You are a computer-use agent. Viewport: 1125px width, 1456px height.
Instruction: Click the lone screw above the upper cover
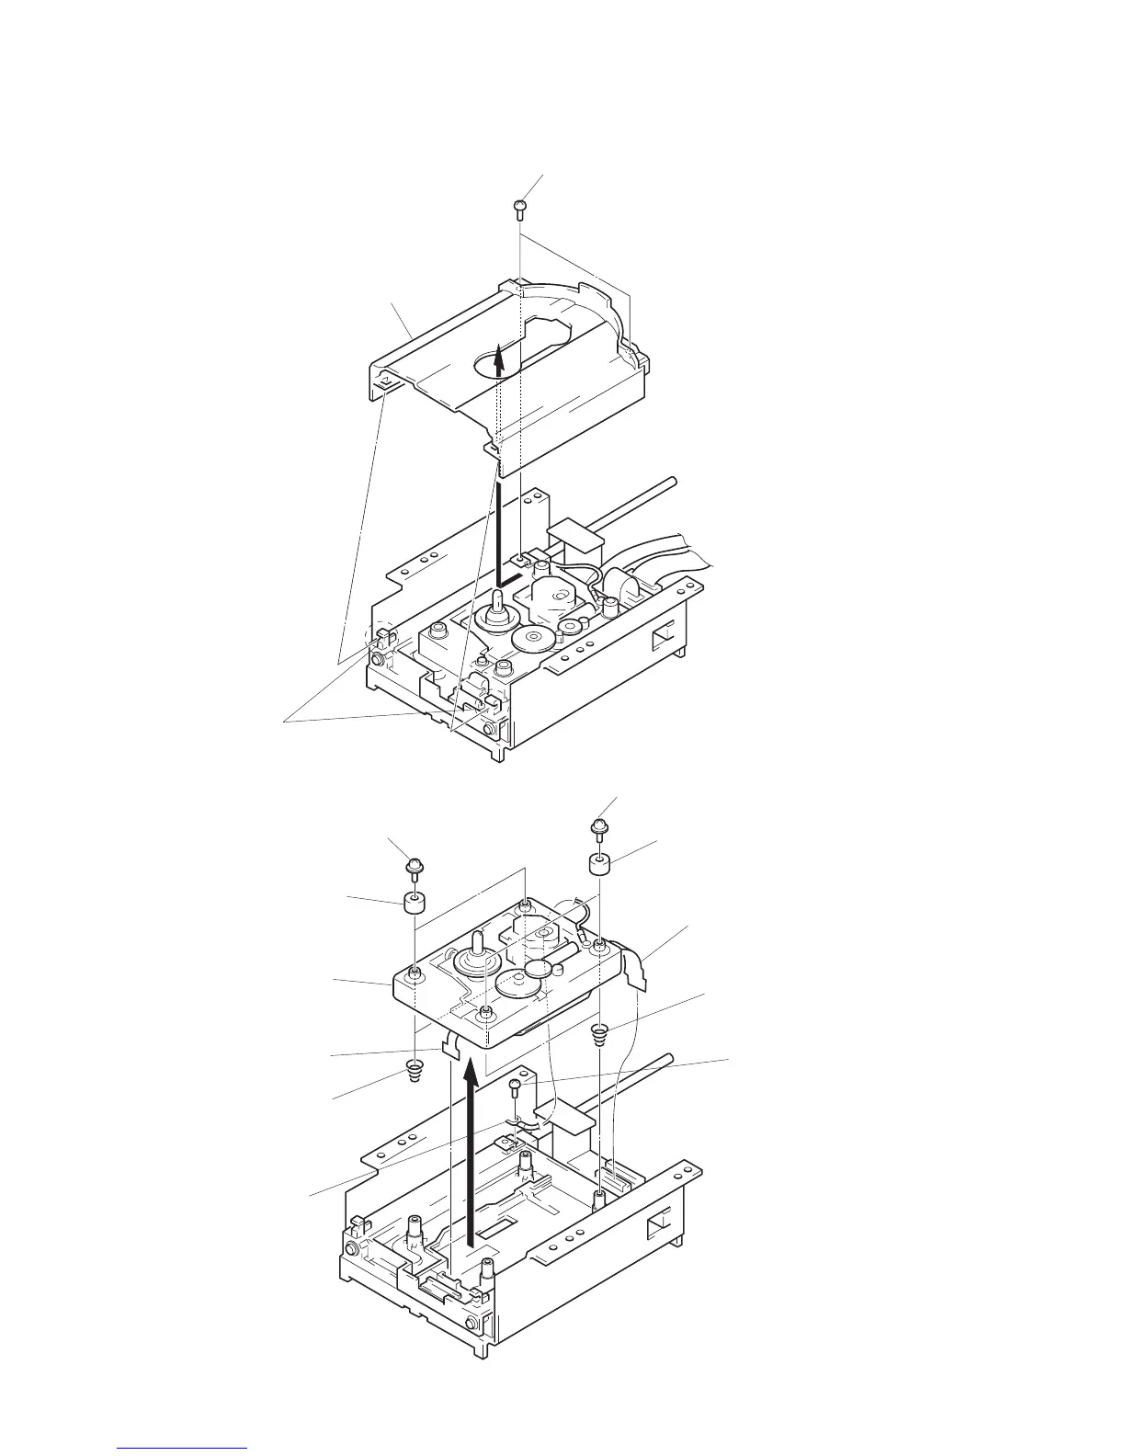coord(519,208)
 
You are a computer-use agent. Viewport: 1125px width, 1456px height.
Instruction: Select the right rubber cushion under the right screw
coord(601,864)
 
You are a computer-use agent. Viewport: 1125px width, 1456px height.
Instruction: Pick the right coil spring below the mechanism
coord(600,1034)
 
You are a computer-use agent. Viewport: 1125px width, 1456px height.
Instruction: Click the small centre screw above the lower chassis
coord(517,1089)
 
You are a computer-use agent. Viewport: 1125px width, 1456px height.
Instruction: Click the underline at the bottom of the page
coord(184,1448)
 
